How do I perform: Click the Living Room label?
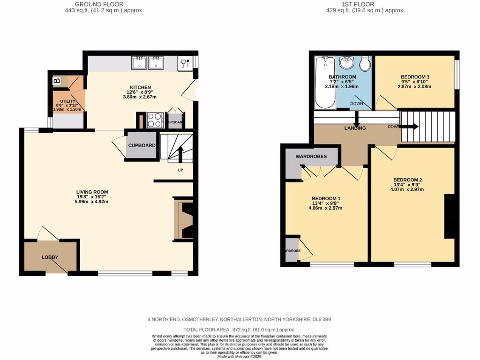92,192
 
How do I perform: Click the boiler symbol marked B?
57,81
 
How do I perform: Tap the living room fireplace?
183,219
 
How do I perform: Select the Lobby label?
50,257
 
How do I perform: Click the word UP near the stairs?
180,170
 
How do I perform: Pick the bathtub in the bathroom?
323,82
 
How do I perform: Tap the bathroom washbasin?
346,63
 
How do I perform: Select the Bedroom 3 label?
415,77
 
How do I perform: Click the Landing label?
355,128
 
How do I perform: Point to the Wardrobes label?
311,156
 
